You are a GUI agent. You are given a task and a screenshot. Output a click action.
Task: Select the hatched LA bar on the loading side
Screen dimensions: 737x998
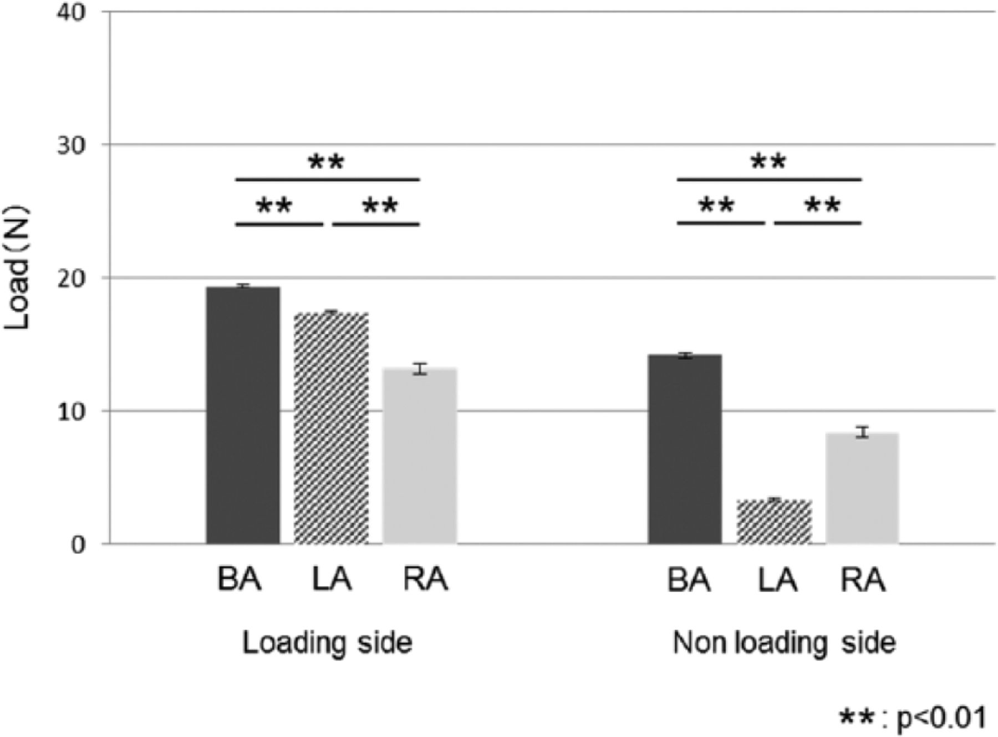click(331, 428)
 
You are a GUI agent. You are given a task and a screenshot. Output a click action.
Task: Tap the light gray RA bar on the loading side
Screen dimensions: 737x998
click(420, 456)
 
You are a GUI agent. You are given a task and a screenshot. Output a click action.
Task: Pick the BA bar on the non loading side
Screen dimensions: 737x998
click(685, 449)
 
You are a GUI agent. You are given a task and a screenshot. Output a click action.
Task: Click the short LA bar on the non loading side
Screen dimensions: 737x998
click(774, 522)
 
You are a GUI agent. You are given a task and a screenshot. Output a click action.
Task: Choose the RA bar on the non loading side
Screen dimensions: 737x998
click(862, 488)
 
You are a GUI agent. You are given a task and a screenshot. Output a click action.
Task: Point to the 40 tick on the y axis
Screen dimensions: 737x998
click(72, 12)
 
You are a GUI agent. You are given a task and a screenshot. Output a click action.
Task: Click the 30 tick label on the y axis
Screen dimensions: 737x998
click(72, 145)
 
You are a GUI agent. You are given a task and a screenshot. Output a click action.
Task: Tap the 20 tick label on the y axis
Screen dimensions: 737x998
click(72, 278)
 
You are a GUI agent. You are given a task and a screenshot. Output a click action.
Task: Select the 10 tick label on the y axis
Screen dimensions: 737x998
click(72, 411)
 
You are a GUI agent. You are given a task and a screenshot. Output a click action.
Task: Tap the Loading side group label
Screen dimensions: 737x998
click(327, 643)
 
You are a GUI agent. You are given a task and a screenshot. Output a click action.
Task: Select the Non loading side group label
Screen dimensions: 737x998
click(784, 643)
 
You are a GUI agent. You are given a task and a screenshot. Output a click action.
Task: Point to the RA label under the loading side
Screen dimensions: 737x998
click(425, 580)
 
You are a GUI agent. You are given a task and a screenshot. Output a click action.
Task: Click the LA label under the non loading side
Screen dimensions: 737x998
click(777, 580)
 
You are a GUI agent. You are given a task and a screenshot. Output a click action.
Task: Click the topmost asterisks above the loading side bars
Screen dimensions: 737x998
click(327, 162)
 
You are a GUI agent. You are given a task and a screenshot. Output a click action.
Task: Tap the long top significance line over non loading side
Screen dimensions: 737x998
click(769, 180)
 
